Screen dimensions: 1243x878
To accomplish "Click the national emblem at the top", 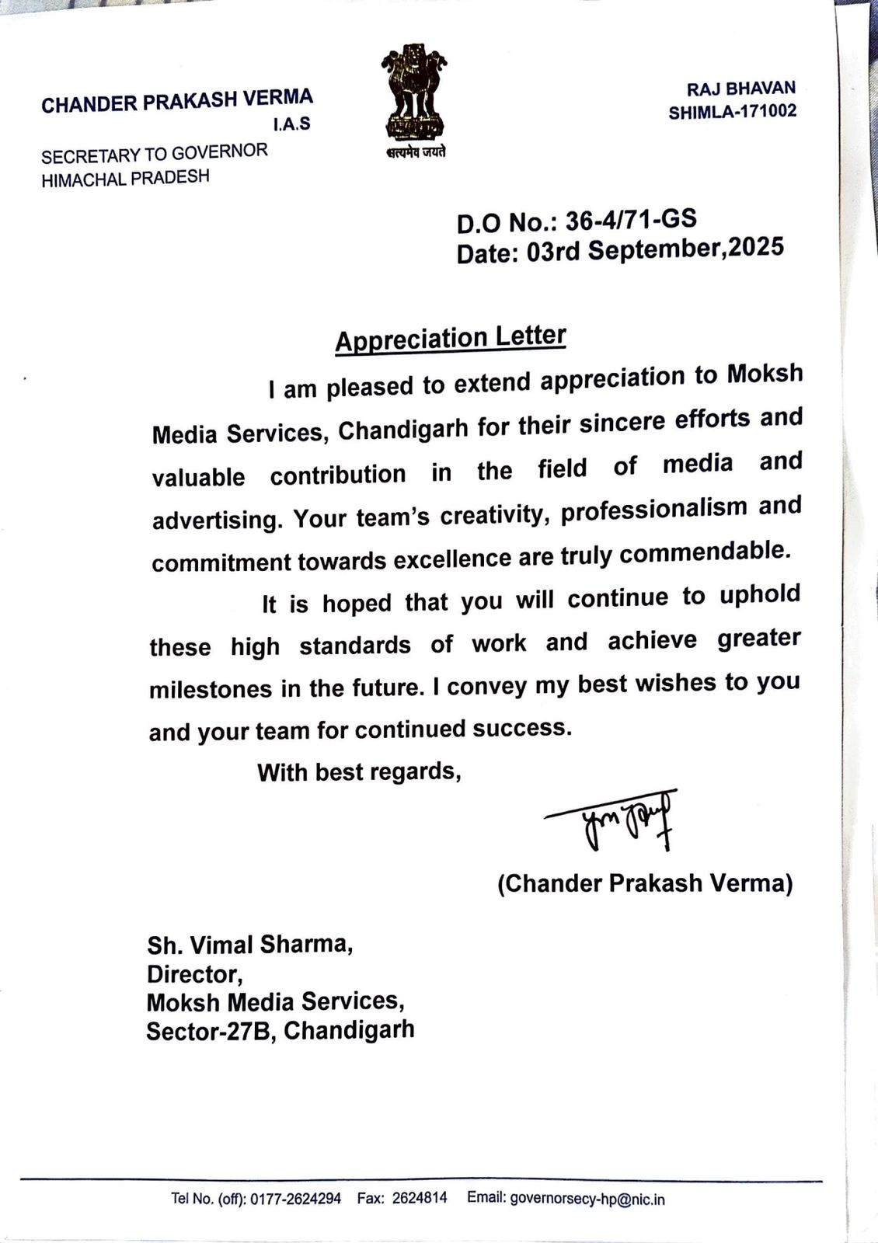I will tap(415, 92).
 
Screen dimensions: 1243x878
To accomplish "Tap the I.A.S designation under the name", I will tap(291, 124).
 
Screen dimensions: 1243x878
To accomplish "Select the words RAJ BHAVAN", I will tap(740, 89).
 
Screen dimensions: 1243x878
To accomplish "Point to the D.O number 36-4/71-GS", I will tap(630, 220).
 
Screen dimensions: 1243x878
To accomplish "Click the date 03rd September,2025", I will tap(655, 249).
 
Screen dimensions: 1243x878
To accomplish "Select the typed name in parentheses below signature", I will tap(644, 883).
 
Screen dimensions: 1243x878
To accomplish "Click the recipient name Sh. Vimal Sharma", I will tap(250, 945).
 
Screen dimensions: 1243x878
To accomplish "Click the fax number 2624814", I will tap(420, 1197).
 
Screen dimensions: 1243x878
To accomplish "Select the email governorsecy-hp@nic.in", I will tap(587, 1198).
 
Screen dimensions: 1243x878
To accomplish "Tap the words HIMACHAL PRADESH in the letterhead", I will tap(125, 178).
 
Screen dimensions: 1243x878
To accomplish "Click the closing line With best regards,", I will tap(359, 771).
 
